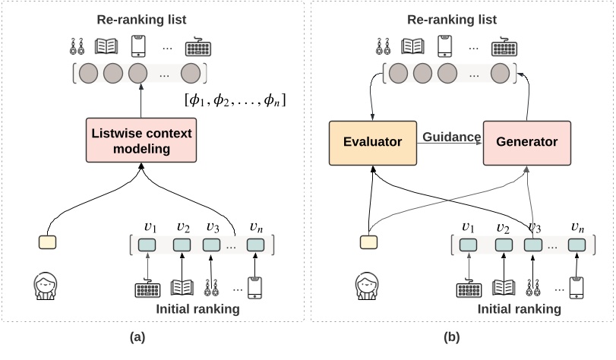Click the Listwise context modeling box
tap(141, 141)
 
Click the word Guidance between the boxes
tap(451, 137)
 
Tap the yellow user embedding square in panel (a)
tap(47, 242)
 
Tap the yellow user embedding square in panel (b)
tap(368, 242)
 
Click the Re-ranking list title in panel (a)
tap(141, 17)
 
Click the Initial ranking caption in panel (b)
tap(520, 309)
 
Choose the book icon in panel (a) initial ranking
tap(182, 288)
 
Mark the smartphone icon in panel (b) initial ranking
tap(577, 288)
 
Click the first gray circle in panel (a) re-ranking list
tap(89, 74)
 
